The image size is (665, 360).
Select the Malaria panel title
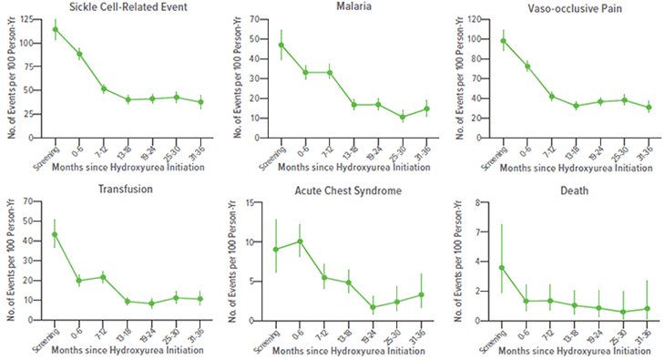point(344,7)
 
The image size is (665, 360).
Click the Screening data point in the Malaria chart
point(281,45)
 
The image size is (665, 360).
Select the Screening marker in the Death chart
point(502,268)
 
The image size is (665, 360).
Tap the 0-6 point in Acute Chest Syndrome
point(301,242)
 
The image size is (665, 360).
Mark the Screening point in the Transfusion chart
point(55,234)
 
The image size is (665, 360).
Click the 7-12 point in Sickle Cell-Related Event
point(104,88)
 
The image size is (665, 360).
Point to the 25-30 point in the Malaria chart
point(402,117)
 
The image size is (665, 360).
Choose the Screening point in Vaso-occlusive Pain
point(502,40)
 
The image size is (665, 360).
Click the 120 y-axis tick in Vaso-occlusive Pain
point(477,20)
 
